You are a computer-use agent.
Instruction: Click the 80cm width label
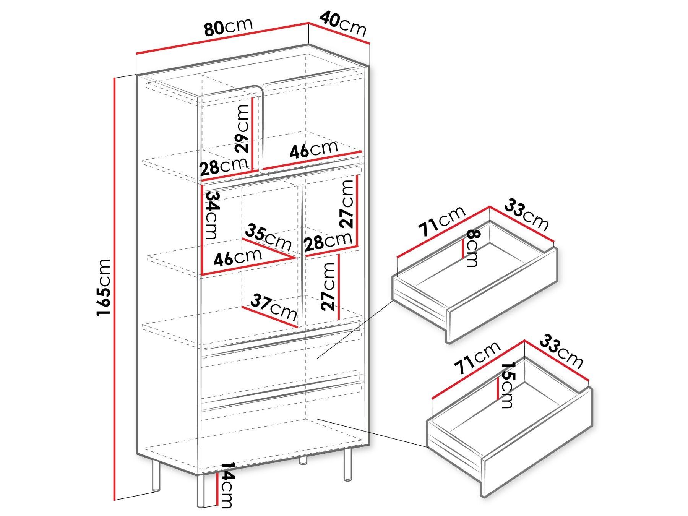pos(228,27)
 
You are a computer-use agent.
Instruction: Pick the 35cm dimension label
pos(268,238)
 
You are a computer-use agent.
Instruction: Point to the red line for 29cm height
pos(253,134)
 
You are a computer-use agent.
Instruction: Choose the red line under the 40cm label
pos(339,34)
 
